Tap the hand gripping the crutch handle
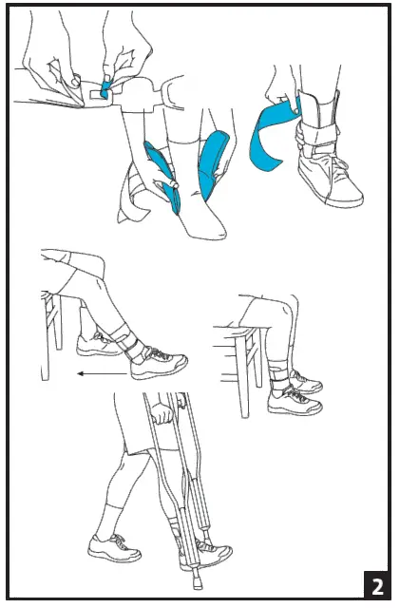[166, 414]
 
